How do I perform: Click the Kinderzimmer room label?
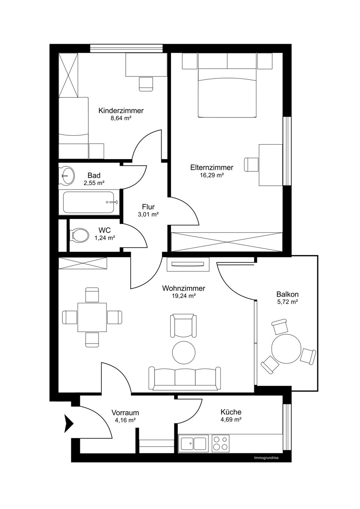point(121,111)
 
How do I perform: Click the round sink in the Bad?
point(67,176)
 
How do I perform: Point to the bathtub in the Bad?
point(89,202)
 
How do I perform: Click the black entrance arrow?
point(69,424)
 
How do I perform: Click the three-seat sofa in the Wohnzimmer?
point(184,378)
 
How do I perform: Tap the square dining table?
point(92,317)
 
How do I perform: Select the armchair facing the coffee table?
point(183,326)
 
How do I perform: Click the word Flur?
point(148,207)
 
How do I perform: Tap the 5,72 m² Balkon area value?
point(287,302)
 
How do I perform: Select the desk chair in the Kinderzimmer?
point(146,84)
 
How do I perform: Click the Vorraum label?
point(125,412)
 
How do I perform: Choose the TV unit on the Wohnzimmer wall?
point(188,264)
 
